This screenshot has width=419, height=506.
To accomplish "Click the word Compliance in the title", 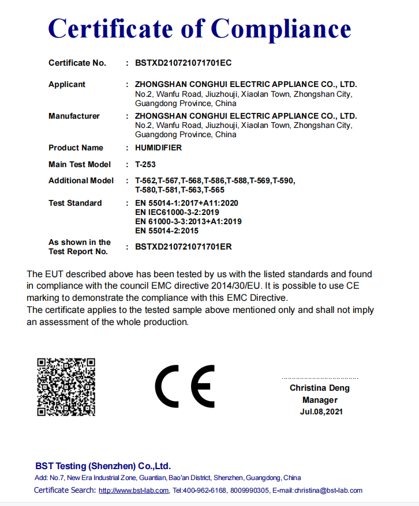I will coord(282,28).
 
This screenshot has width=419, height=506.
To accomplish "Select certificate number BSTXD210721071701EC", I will coord(183,63).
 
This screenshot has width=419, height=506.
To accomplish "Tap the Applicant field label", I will coord(67,84).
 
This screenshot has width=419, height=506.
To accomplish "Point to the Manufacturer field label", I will coord(74,116).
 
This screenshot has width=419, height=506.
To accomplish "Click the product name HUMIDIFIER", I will coord(158,148).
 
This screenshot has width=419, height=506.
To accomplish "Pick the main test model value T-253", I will coord(145,164).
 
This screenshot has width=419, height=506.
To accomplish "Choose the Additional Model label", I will coord(81,180).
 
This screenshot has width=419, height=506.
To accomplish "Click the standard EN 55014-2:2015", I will coord(166,231).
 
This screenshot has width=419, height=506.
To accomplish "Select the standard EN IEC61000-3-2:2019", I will coord(177,212).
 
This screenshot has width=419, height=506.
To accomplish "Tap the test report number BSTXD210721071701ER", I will coord(183,247).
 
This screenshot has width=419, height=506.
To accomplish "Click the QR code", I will coord(66,387).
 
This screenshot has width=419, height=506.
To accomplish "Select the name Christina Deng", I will coord(319,388).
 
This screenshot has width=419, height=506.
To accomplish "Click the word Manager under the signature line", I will coord(320,400).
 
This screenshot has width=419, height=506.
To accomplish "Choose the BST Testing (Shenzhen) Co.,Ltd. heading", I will coord(103,466).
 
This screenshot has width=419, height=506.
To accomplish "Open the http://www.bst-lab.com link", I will coord(133,490).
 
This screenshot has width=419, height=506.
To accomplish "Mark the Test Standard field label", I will coord(75,203).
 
